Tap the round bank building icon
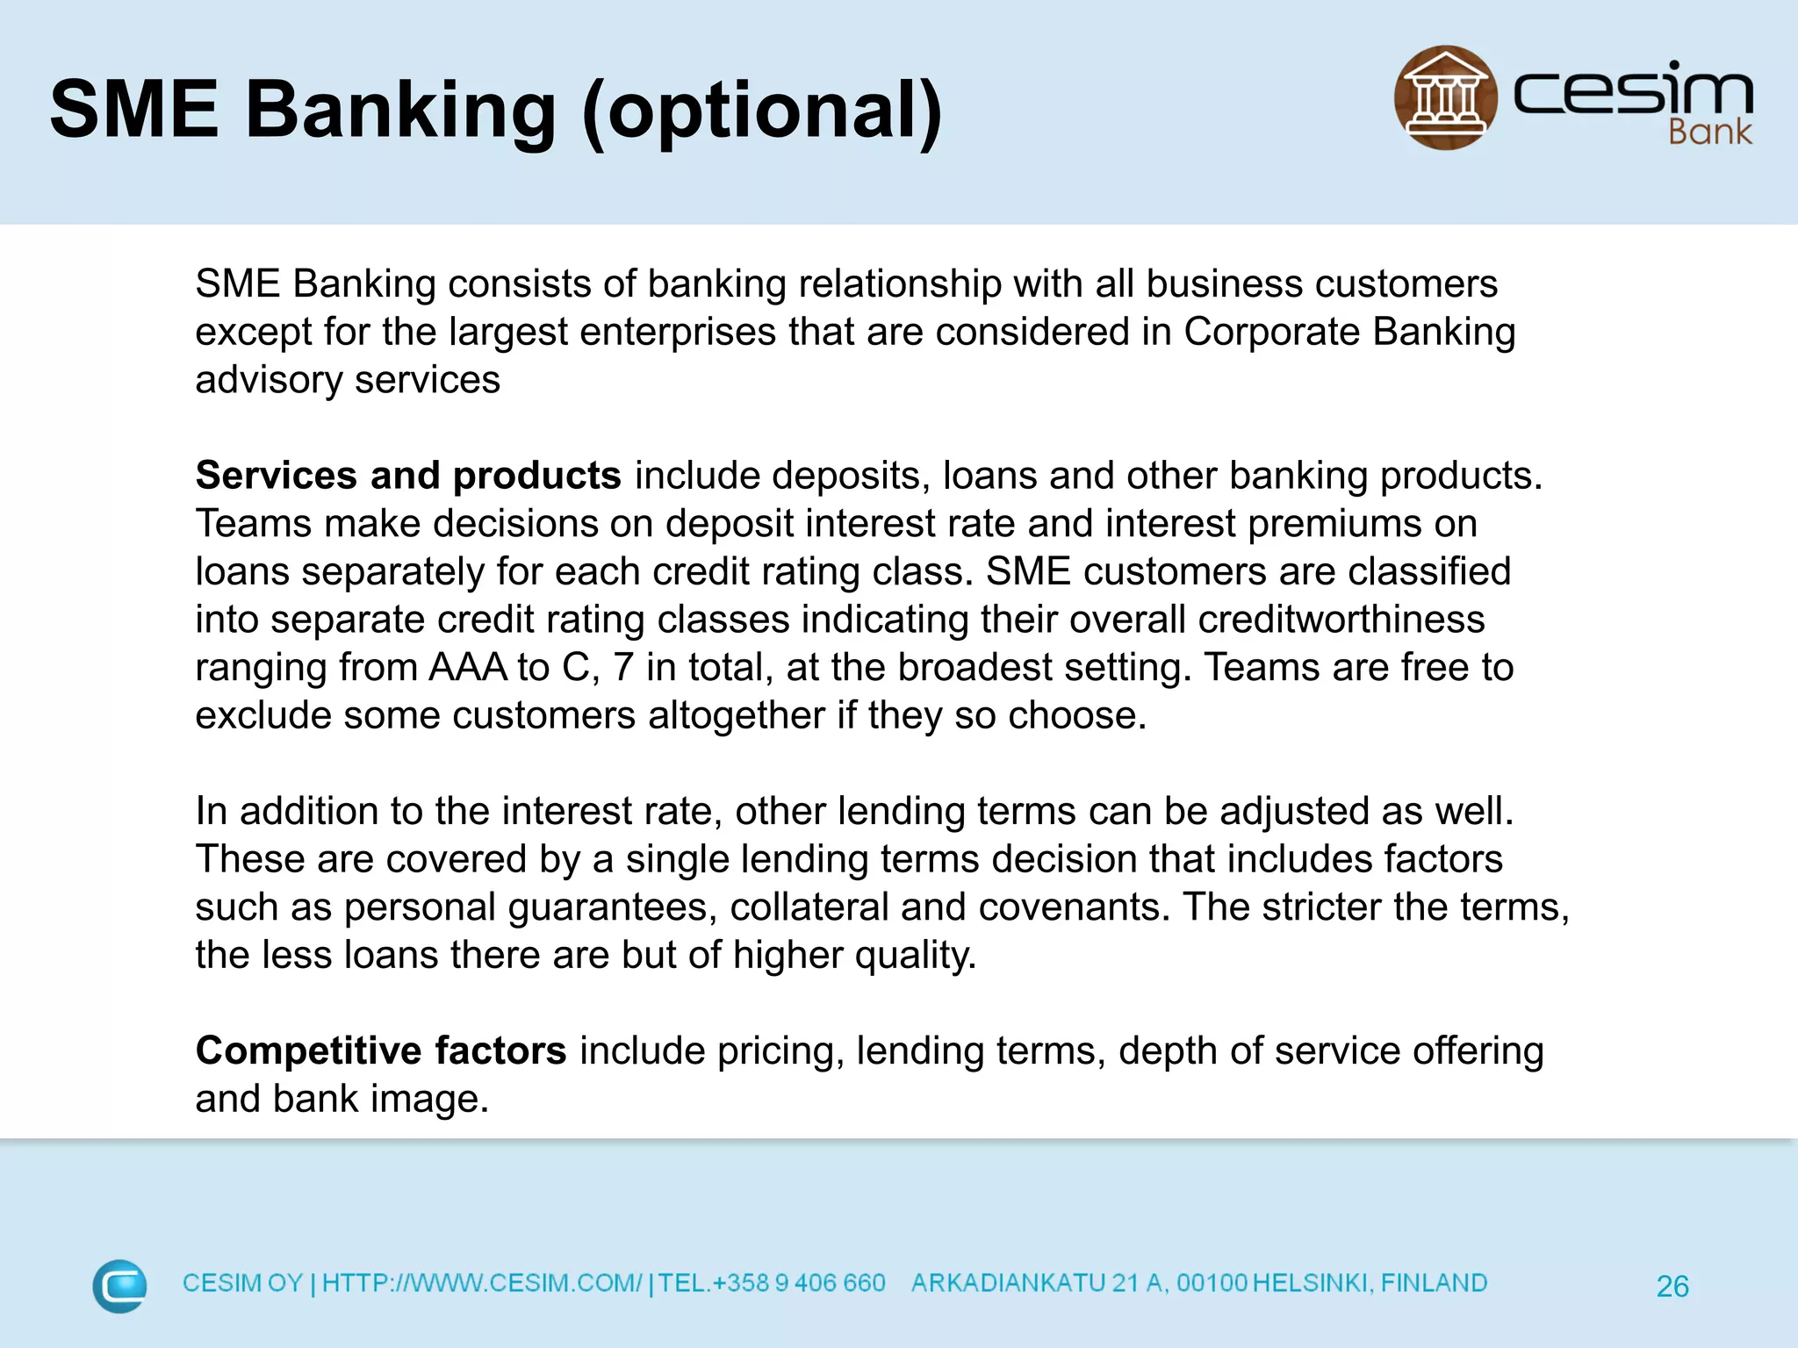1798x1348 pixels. pos(1445,97)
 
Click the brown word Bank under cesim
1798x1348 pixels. pos(1709,133)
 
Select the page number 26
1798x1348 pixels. pos(1672,1287)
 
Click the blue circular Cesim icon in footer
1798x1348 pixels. pos(119,1286)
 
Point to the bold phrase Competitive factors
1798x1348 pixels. pos(380,1050)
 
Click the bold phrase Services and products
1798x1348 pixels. pos(408,475)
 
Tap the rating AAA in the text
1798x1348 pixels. pos(467,667)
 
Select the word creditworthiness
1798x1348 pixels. pos(1341,620)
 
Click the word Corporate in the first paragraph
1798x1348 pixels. pos(1271,332)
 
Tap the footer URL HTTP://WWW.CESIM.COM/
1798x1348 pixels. pos(482,1283)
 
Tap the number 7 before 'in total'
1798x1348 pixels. pos(622,667)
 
